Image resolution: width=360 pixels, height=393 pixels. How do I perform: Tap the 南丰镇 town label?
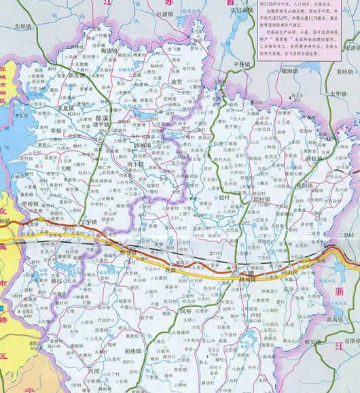(x=134, y=163)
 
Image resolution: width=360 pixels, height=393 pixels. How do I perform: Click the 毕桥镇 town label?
(x=31, y=203)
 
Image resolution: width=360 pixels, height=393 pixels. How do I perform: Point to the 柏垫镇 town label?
(x=137, y=350)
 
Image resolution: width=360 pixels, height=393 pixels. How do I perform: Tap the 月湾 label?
(x=93, y=372)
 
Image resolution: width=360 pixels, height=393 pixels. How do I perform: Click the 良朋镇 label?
(x=346, y=342)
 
